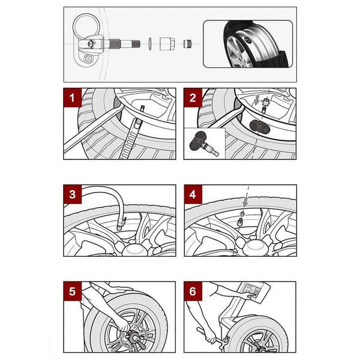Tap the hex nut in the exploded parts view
click(x=167, y=43)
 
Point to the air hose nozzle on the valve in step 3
click(x=120, y=223)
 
